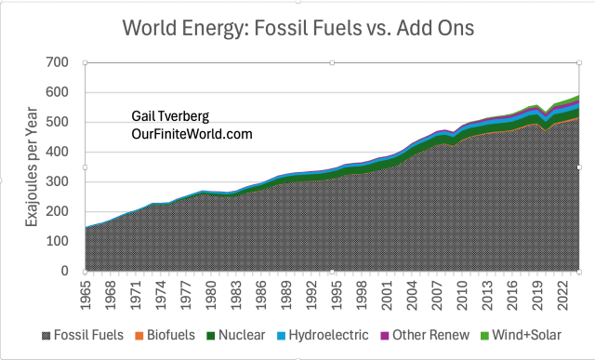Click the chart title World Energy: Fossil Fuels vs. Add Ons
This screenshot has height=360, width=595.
tap(298, 28)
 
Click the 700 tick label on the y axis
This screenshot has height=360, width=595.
tap(58, 62)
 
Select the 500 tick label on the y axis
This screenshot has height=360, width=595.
tap(58, 122)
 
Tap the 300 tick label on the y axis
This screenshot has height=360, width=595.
tap(58, 181)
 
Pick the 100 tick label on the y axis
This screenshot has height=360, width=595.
tap(58, 241)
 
